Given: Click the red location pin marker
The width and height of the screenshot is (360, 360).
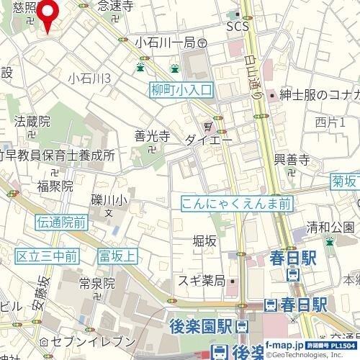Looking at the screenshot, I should pyautogui.click(x=49, y=14).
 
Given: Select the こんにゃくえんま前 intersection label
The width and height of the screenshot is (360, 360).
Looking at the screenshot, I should pyautogui.click(x=236, y=204).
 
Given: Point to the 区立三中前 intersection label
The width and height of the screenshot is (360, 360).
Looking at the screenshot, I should pyautogui.click(x=47, y=256).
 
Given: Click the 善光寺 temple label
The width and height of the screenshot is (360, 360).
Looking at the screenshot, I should pyautogui.click(x=151, y=135).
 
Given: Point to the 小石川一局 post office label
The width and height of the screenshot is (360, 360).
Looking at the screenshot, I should pyautogui.click(x=166, y=43).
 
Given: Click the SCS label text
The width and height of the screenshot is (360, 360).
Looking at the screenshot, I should pyautogui.click(x=237, y=27).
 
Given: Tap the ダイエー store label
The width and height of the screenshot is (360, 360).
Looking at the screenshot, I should pyautogui.click(x=208, y=140).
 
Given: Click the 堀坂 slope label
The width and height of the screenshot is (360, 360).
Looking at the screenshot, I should pyautogui.click(x=204, y=241).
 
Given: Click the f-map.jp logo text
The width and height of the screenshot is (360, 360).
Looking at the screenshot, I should pyautogui.click(x=282, y=346).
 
